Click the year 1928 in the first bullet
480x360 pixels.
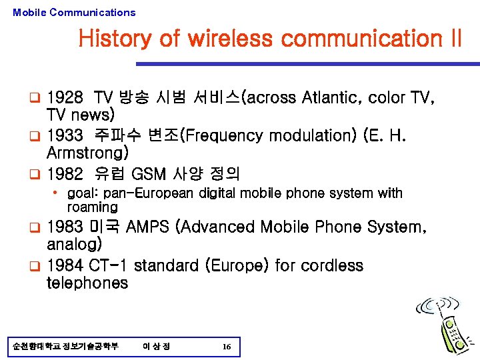click(x=66, y=98)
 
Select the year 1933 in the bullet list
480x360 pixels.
click(x=66, y=136)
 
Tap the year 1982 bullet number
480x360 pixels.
click(x=66, y=175)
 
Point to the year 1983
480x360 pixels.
click(x=66, y=227)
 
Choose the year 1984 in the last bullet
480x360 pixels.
click(x=66, y=265)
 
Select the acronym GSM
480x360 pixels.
click(x=149, y=175)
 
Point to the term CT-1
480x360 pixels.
click(x=110, y=265)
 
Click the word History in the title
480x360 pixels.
click(x=115, y=39)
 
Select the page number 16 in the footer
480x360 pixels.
click(x=227, y=347)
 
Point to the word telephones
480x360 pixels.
click(x=87, y=283)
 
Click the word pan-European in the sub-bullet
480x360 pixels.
click(x=143, y=193)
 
